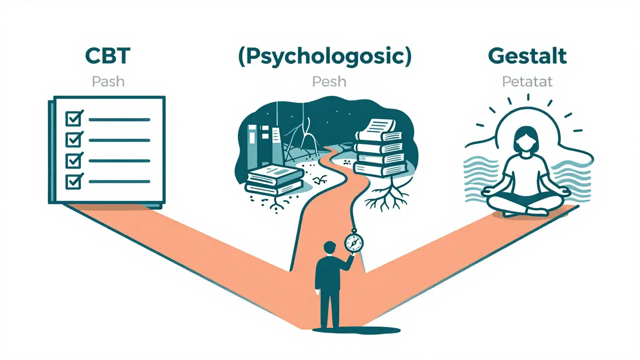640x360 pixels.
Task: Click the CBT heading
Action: [107, 56]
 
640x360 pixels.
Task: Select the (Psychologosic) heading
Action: [325, 56]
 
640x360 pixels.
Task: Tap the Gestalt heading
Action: [527, 56]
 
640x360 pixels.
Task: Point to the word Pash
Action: [108, 81]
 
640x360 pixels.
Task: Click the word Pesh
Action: [329, 81]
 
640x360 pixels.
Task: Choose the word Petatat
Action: [527, 81]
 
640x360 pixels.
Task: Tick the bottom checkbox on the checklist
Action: [74, 181]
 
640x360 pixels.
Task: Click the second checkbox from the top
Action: [74, 139]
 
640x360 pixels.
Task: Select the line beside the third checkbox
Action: [119, 161]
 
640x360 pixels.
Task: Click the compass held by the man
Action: [354, 242]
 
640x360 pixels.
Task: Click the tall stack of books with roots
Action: [380, 148]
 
